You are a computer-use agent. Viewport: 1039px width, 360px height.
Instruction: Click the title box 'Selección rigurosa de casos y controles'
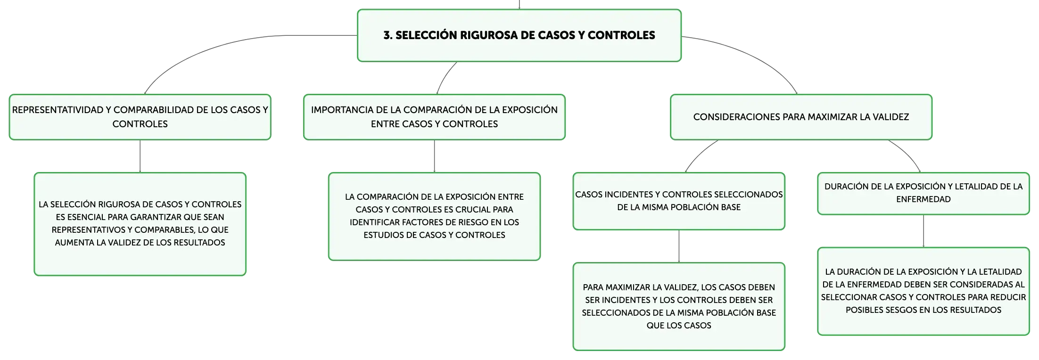click(519, 35)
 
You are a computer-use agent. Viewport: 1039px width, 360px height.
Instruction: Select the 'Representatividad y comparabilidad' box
click(140, 117)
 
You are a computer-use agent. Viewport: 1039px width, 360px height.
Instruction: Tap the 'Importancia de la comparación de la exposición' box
click(434, 117)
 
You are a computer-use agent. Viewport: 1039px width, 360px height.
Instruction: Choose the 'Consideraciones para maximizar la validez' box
click(801, 117)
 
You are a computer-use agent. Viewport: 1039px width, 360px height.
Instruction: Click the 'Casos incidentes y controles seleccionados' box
click(679, 201)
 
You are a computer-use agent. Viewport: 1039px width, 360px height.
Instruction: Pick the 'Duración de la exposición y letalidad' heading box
click(924, 193)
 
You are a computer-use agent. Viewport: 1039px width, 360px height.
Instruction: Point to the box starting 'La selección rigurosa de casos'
click(140, 224)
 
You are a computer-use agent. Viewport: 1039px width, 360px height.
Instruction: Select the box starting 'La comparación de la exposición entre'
click(434, 216)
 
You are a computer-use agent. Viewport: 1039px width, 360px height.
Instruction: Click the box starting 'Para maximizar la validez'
click(679, 306)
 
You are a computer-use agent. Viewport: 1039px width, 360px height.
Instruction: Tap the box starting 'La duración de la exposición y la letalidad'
click(924, 291)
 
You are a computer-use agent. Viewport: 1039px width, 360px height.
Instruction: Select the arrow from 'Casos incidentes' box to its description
click(679, 246)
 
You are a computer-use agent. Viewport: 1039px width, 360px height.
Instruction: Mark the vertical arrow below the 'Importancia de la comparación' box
click(434, 156)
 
